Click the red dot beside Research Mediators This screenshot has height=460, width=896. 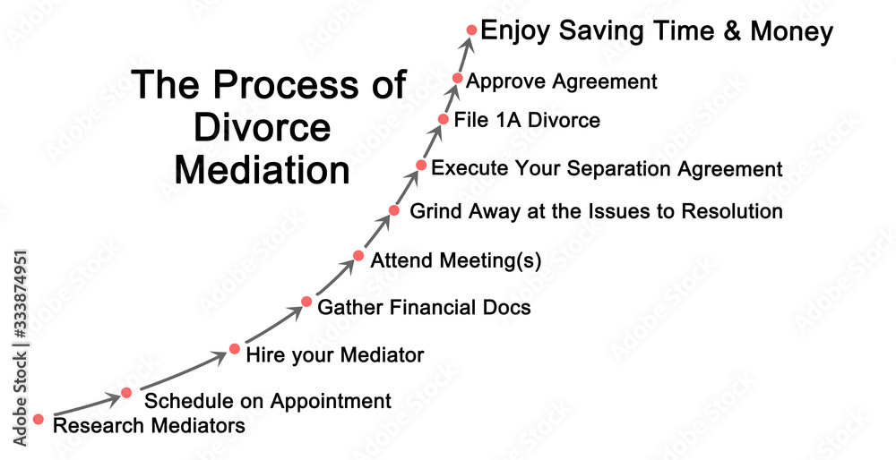coord(39,420)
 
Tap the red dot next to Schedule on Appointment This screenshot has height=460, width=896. coord(126,393)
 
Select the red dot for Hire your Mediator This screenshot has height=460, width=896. coord(234,349)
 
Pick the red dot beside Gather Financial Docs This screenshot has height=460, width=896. coord(306,302)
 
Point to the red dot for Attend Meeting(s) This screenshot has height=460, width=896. coord(358,256)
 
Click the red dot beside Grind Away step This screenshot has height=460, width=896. coord(393,210)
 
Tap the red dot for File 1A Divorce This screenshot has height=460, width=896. coord(443,119)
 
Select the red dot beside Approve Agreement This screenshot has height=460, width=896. coord(457,78)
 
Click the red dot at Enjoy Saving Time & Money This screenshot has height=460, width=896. coord(471,30)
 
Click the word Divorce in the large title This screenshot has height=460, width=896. coord(263,128)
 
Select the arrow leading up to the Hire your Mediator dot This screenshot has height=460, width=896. coord(184,371)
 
